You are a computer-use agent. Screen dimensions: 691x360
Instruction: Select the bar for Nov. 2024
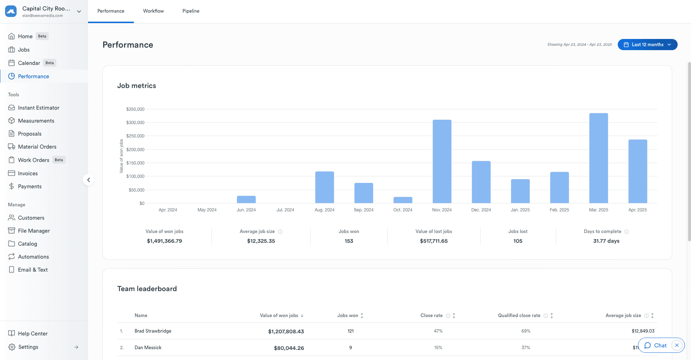(x=442, y=161)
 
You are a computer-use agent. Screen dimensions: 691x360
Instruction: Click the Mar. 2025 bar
(x=599, y=158)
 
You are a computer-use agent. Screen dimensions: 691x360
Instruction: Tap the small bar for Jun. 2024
(x=246, y=199)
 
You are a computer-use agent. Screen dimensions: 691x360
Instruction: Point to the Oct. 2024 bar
(x=403, y=200)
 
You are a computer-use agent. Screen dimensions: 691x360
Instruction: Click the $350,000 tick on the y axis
(x=135, y=109)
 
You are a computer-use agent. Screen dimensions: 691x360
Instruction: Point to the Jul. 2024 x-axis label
(x=285, y=210)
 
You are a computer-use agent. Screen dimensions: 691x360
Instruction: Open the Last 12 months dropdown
(x=647, y=45)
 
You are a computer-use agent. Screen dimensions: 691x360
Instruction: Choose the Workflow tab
(x=153, y=11)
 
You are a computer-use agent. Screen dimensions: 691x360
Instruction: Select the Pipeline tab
(x=191, y=11)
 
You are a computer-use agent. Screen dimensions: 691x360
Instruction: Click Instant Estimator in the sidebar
(x=39, y=108)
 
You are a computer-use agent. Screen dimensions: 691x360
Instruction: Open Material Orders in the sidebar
(x=37, y=147)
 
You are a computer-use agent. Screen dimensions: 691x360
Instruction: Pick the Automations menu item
(x=34, y=257)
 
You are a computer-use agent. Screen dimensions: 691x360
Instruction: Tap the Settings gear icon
(x=12, y=347)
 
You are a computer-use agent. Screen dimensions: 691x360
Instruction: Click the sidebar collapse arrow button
(x=88, y=180)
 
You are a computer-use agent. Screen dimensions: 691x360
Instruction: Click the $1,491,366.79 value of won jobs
(x=165, y=241)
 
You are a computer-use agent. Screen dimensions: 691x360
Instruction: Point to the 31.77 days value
(x=606, y=241)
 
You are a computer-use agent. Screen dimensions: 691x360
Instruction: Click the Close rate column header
(x=432, y=316)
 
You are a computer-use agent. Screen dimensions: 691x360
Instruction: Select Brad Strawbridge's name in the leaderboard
(x=153, y=331)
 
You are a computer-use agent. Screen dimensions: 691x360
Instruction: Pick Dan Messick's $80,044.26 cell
(x=289, y=348)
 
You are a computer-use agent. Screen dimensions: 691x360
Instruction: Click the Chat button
(x=656, y=346)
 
